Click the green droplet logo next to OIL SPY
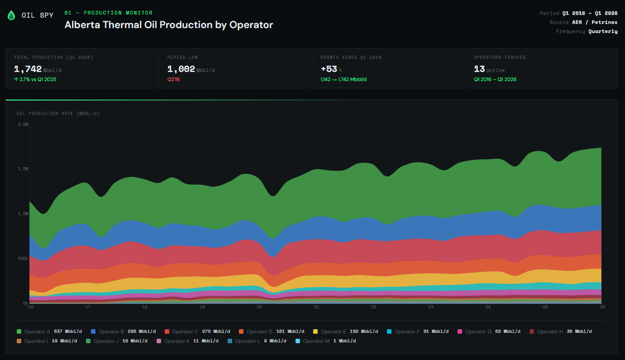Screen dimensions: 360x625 (x=11, y=15)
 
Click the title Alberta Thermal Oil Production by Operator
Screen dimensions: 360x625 (x=168, y=25)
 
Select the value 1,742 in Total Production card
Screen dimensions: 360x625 (x=28, y=69)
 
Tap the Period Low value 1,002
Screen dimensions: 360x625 (x=181, y=69)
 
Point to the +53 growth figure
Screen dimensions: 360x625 (x=329, y=69)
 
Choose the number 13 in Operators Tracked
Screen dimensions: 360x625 (x=479, y=69)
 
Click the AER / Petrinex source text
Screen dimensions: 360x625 (x=595, y=22)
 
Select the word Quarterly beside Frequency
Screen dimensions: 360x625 (x=603, y=31)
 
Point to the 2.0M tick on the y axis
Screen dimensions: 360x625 (x=23, y=124)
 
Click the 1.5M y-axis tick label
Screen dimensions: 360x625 (x=23, y=169)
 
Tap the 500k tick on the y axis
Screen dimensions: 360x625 (x=23, y=259)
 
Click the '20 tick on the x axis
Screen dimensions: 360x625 (x=258, y=307)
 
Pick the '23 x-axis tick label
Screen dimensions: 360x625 (x=429, y=307)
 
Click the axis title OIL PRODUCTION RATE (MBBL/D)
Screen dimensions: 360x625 (x=58, y=114)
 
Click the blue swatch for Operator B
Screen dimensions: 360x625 (x=93, y=331)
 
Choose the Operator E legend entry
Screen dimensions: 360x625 (x=334, y=331)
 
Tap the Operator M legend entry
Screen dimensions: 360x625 (x=316, y=341)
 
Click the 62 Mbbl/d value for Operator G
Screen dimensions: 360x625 (x=508, y=331)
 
